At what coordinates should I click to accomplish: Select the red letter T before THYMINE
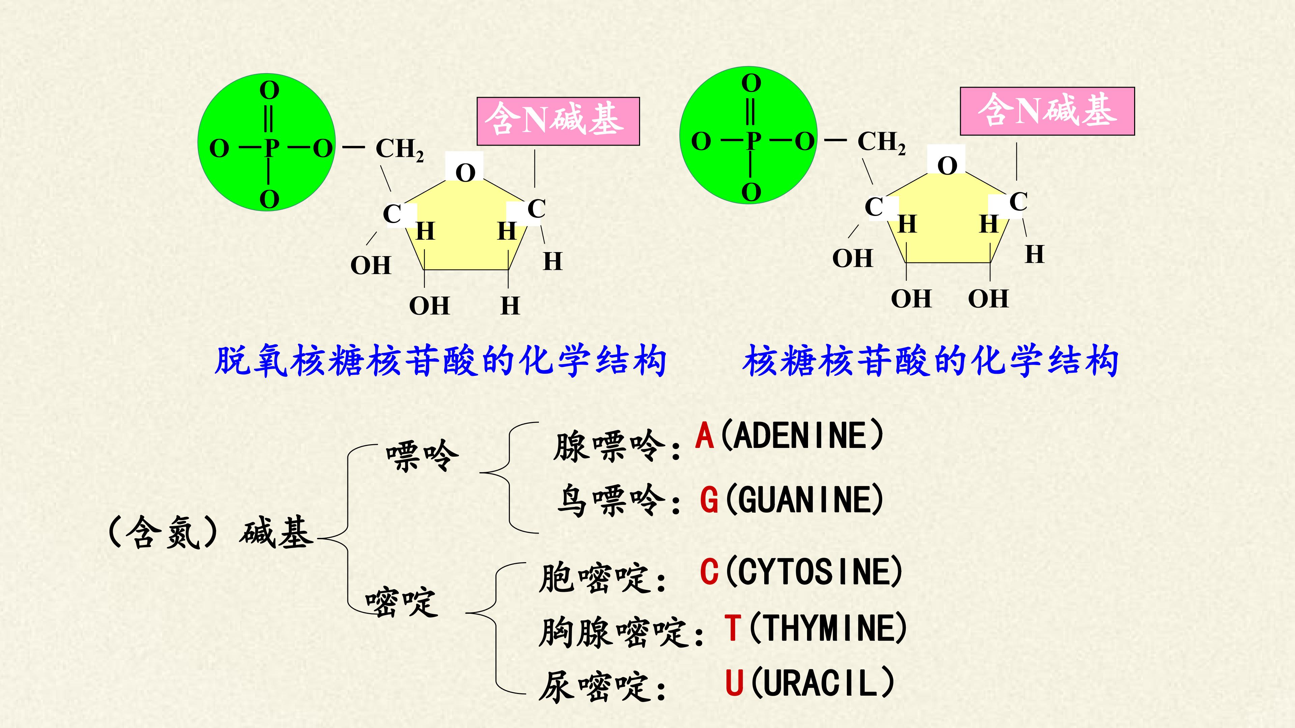(x=732, y=628)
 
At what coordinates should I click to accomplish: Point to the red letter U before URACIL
(x=734, y=682)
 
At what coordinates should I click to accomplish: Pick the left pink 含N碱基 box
(x=558, y=122)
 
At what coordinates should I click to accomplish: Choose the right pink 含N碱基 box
(x=1047, y=111)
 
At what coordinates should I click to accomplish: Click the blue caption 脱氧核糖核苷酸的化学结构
(x=440, y=361)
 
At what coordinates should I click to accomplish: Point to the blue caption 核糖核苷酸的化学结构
(x=930, y=361)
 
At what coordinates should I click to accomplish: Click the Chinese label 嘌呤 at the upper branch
(x=422, y=455)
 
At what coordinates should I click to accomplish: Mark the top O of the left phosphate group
(x=269, y=91)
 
